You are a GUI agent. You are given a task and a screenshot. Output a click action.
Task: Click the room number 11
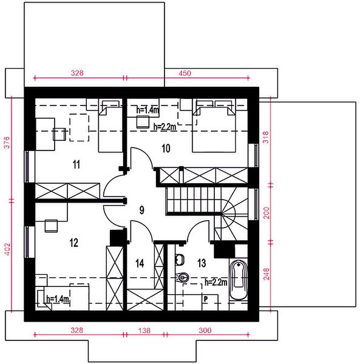pyautogui.click(x=76, y=164)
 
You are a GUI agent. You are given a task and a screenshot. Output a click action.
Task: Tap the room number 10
pyautogui.click(x=166, y=149)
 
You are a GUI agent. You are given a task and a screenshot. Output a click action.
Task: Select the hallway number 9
pyautogui.click(x=141, y=210)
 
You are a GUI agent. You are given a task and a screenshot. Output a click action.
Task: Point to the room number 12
pyautogui.click(x=74, y=243)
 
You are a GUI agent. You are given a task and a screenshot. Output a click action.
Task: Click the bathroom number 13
pyautogui.click(x=202, y=263)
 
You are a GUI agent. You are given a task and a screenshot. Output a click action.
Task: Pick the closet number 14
pyautogui.click(x=140, y=263)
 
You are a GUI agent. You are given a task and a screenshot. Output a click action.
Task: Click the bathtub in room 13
pyautogui.click(x=239, y=280)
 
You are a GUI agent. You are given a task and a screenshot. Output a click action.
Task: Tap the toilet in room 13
pyautogui.click(x=182, y=277)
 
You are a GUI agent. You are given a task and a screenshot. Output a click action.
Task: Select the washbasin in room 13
pyautogui.click(x=180, y=260)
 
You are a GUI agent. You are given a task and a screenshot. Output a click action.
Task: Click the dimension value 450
pyautogui.click(x=185, y=73)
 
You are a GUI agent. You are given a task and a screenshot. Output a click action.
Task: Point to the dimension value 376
pyautogui.click(x=7, y=143)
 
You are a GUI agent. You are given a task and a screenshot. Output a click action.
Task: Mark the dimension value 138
pyautogui.click(x=144, y=331)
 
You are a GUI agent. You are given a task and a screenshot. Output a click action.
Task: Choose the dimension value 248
pyautogui.click(x=267, y=274)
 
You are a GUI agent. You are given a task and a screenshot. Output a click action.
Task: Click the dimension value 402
pyautogui.click(x=7, y=249)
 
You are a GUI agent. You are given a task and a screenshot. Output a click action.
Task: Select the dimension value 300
pyautogui.click(x=205, y=331)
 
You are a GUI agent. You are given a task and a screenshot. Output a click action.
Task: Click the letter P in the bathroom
pyautogui.click(x=206, y=299)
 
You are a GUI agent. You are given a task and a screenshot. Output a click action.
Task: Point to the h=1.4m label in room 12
pyautogui.click(x=58, y=299)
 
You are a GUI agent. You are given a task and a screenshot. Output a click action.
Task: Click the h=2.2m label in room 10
pyautogui.click(x=165, y=127)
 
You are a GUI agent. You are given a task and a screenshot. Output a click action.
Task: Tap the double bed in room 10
pyautogui.click(x=214, y=126)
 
